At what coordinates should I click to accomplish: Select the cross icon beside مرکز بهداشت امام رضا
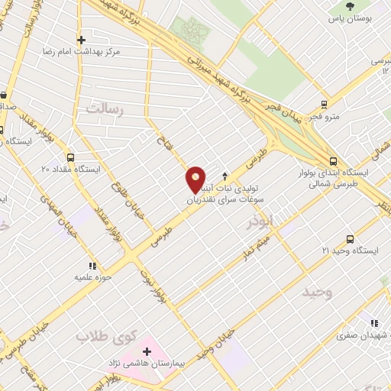pos(81,39)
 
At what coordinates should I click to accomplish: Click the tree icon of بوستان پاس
pos(350,5)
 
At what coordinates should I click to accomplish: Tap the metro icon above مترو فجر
pos(325,105)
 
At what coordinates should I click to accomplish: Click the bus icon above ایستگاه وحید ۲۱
pos(351,239)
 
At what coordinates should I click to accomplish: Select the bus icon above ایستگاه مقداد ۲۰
pos(70,157)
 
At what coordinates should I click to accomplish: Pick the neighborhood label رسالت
pos(105,109)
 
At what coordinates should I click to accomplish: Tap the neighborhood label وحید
pos(318,292)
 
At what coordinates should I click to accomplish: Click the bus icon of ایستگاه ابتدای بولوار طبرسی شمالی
pos(332,161)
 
